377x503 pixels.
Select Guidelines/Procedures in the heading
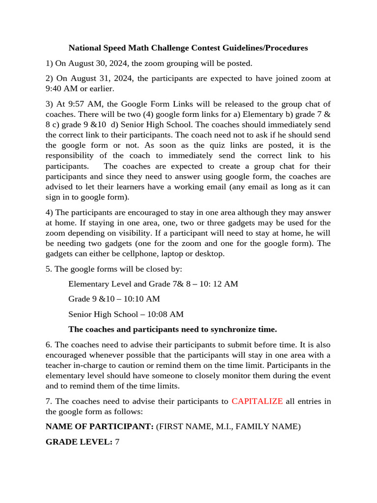pos(266,48)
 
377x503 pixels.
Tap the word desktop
pos(209,253)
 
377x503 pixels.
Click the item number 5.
pos(48,269)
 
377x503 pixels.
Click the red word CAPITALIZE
pos(257,401)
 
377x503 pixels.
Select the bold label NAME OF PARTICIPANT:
pos(100,426)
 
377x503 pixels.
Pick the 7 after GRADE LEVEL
pos(117,442)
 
